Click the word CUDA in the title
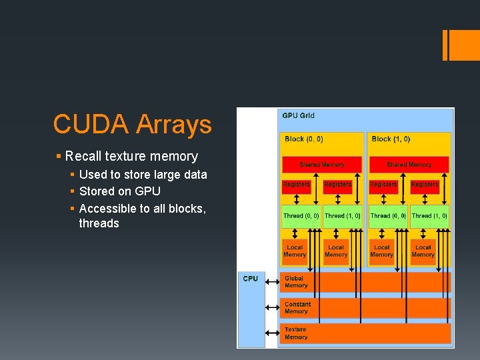91,124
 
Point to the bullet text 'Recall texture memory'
131,157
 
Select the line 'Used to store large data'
143,175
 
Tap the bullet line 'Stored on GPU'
119,191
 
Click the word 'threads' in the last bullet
99,223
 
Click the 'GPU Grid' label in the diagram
298,116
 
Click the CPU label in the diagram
250,279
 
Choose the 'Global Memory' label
295,282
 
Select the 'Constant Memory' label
297,307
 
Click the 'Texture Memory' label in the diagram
295,333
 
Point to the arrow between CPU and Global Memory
273,282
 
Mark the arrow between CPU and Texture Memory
273,333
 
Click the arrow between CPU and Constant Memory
273,307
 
